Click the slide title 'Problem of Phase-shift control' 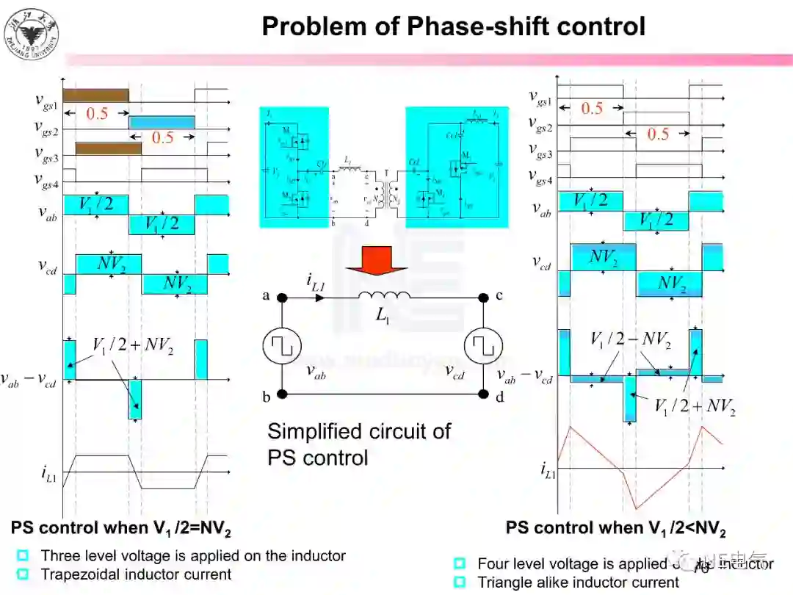(x=453, y=26)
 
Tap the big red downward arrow (x=376, y=261)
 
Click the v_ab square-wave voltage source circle (x=282, y=346)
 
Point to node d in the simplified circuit (x=483, y=394)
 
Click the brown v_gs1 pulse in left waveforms (x=95, y=95)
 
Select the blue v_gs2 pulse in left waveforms (x=162, y=121)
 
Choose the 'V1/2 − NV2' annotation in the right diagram (x=630, y=339)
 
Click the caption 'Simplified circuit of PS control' (x=358, y=444)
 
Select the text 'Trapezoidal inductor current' (x=136, y=574)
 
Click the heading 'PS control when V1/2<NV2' (x=615, y=528)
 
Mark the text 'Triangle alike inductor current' (x=578, y=583)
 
